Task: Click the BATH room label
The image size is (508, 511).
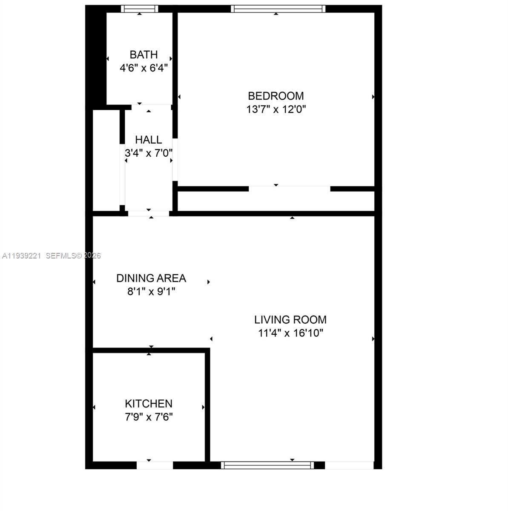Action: pos(144,55)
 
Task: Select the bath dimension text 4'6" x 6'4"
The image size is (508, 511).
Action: pos(144,68)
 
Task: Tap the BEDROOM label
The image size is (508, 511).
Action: pos(276,96)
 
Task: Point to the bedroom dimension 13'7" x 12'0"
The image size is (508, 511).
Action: pos(276,109)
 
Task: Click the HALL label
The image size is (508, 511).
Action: pos(148,140)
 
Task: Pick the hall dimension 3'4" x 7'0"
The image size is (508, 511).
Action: pos(148,153)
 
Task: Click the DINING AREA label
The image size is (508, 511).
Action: pos(151,278)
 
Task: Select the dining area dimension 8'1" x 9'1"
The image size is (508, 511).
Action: pos(151,292)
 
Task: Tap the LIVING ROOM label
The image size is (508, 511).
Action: pos(290,319)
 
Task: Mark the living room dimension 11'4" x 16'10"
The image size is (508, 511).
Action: pos(290,333)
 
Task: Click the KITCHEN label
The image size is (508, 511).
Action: pos(149,403)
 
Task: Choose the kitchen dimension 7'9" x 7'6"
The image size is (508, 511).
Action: pos(149,417)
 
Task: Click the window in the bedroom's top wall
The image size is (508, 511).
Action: pos(278,9)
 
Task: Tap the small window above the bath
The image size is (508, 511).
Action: pos(139,9)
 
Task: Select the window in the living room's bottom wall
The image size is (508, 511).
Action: pos(267,465)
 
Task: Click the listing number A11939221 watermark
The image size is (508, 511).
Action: pos(22,255)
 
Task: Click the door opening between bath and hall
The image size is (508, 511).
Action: pos(151,105)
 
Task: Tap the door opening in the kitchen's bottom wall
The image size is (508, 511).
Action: pos(155,465)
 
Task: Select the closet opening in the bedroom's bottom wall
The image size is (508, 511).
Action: pos(289,189)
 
